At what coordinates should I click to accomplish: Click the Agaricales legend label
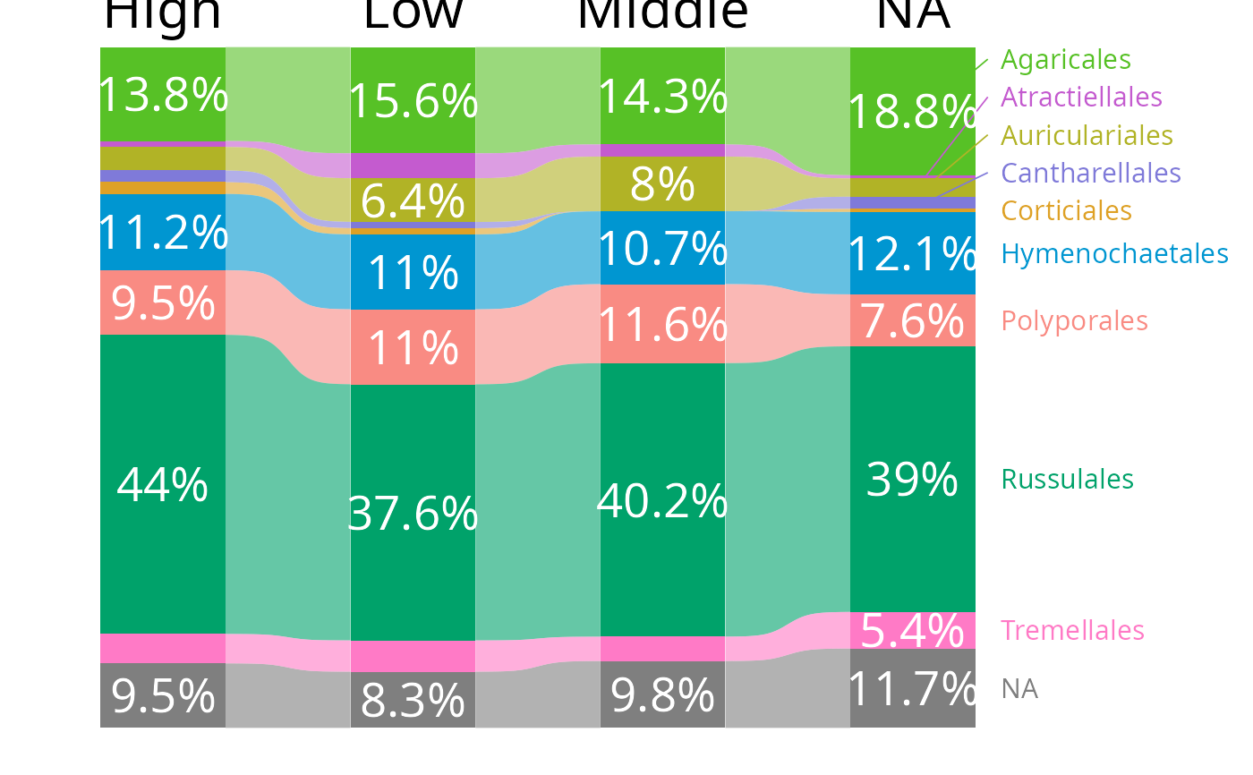1065,60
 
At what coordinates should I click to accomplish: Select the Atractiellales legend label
1080,97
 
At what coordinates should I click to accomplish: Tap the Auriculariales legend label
1087,135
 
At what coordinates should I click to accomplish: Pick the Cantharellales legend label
1090,173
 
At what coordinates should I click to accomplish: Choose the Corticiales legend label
1066,211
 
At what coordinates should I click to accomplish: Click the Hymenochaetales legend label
1114,254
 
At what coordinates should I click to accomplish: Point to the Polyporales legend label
1074,320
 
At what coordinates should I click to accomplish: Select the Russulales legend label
1067,480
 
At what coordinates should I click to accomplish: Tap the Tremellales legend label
1072,630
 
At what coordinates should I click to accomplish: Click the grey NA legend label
1019,689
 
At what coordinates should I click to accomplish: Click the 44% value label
162,486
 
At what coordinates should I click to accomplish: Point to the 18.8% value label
911,113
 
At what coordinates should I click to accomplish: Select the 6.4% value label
413,201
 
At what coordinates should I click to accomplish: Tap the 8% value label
662,185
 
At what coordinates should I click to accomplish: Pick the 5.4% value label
911,631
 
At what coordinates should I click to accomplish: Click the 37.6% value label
413,515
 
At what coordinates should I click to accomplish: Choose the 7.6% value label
911,321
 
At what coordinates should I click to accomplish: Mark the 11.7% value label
911,690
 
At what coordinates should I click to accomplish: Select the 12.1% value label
911,255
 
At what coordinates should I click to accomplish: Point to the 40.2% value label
661,501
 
